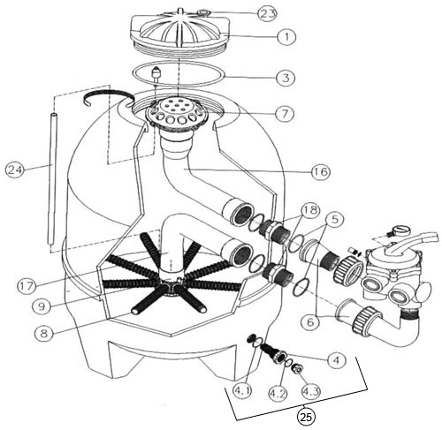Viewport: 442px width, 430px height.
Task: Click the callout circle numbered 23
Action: (267, 13)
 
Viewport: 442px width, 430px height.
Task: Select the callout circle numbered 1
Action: (286, 36)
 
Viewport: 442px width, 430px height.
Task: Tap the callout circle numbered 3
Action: (286, 78)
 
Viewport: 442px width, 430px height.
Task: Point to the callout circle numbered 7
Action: (285, 113)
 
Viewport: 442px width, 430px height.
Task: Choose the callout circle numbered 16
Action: (321, 171)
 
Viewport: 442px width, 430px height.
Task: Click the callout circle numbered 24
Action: (15, 170)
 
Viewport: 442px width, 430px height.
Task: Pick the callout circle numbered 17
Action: (27, 285)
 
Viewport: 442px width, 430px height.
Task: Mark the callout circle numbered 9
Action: (42, 306)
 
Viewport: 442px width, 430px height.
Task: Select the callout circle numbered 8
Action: (44, 334)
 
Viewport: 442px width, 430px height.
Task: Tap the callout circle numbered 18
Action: (311, 210)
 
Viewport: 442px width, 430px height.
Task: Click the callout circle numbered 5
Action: (333, 219)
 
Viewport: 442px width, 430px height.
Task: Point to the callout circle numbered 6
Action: (310, 322)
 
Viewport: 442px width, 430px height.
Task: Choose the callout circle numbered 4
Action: (337, 359)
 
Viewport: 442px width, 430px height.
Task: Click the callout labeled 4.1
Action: (242, 391)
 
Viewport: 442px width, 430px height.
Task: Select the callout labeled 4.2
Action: (278, 393)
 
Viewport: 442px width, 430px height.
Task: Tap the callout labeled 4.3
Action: (311, 391)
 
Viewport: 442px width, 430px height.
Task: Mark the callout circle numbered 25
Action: (306, 417)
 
